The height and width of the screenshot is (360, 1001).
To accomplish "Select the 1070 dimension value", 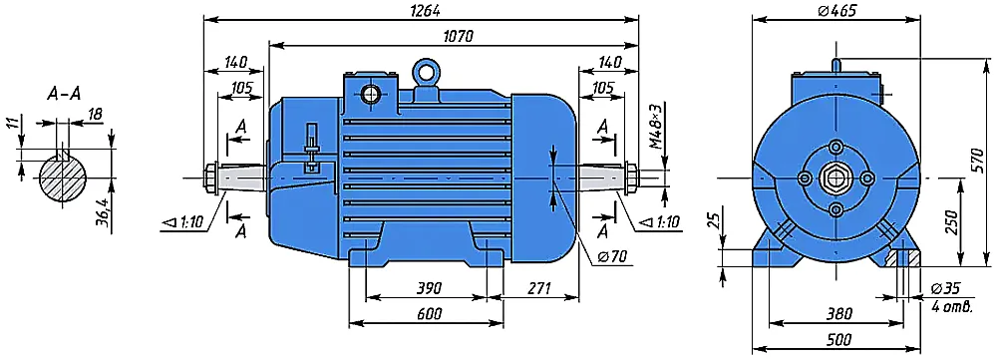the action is pos(457,37).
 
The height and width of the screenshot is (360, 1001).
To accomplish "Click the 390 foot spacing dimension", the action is pos(429,288).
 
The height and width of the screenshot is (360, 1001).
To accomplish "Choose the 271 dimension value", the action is pos(538,288).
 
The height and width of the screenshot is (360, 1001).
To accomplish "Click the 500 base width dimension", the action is pos(838,341).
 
